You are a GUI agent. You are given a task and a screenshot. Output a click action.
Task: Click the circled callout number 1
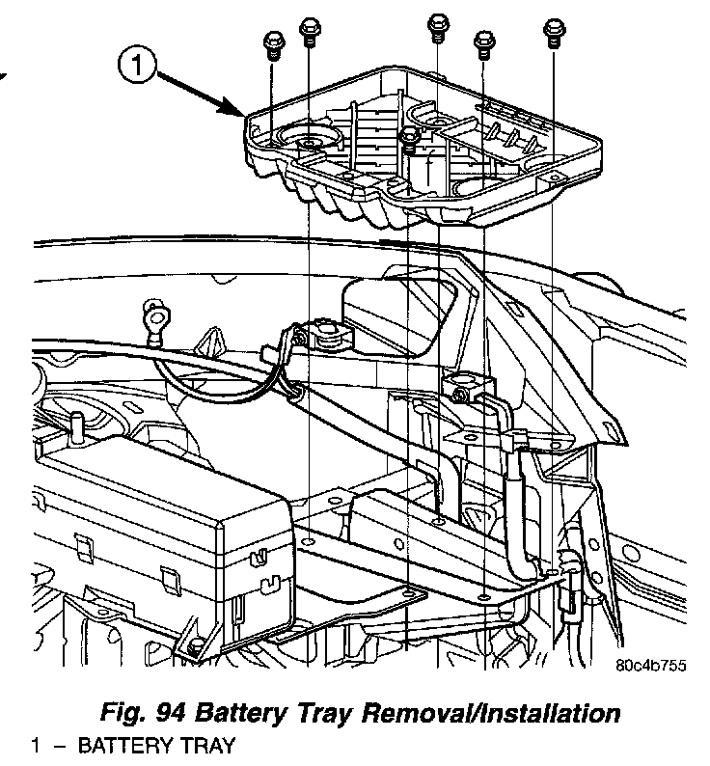point(138,68)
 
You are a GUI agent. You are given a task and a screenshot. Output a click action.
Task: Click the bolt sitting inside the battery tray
point(411,139)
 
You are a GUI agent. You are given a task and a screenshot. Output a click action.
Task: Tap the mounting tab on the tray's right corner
point(555,178)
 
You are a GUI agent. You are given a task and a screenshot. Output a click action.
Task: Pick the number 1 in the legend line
point(36,746)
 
